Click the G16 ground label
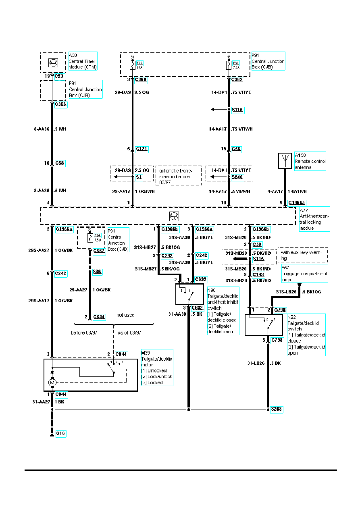(61, 434)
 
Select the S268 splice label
(276, 409)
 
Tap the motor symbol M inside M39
(52, 382)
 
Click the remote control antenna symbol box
(285, 161)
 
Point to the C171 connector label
(142, 149)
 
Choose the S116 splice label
(237, 110)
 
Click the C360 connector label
(141, 80)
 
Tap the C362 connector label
(237, 80)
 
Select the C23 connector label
(59, 75)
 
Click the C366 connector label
(60, 104)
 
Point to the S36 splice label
(97, 272)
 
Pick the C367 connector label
(99, 251)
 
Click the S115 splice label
(258, 258)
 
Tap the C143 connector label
(258, 274)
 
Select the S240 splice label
(237, 177)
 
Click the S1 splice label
(138, 177)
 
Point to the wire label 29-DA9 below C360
(123, 92)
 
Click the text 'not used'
(125, 315)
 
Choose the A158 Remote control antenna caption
(310, 161)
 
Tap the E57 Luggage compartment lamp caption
(304, 273)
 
